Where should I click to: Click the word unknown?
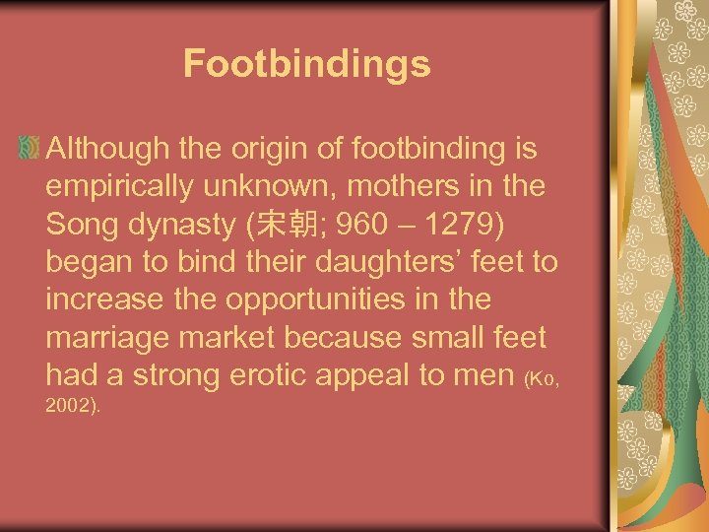pyautogui.click(x=269, y=187)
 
